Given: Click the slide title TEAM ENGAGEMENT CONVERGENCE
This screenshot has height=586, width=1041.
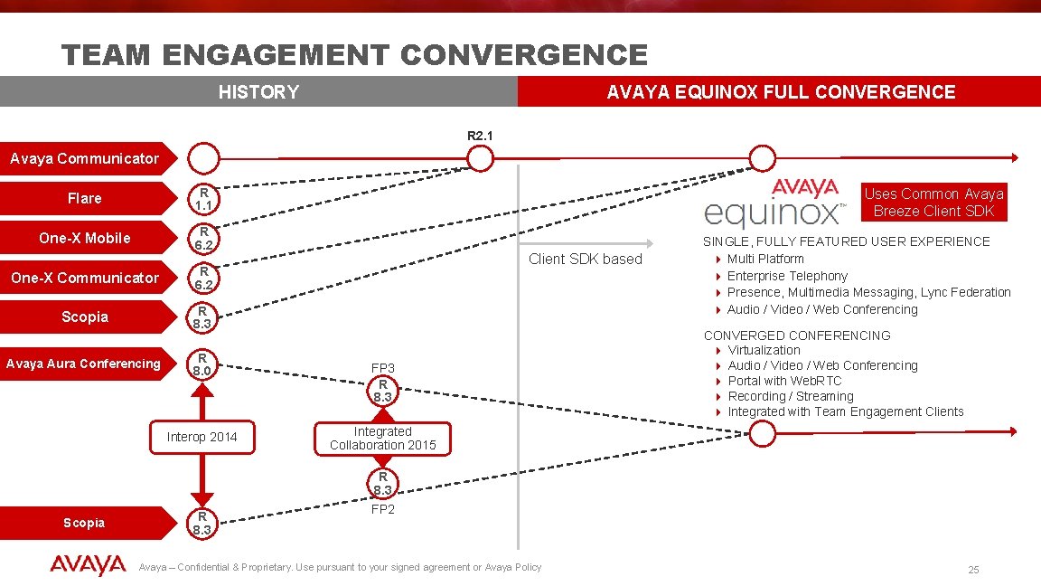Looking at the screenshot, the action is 354,56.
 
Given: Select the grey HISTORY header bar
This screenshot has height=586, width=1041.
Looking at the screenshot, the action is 258,92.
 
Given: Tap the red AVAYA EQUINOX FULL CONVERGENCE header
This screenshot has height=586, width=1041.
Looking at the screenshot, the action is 780,92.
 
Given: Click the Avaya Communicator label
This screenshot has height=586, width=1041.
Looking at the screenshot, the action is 84,159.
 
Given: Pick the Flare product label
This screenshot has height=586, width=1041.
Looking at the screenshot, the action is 84,198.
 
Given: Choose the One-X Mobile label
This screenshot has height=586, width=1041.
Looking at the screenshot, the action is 84,238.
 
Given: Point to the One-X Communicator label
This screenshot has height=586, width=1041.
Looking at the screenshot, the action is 84,278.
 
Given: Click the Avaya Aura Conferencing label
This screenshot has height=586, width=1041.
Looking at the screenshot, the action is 83,364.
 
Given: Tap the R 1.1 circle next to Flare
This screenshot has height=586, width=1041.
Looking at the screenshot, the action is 204,198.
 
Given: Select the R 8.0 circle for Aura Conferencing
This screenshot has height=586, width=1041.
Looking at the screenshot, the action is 204,364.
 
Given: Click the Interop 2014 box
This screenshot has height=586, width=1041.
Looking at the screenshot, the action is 202,437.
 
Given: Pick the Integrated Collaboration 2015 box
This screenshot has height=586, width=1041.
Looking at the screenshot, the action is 382,439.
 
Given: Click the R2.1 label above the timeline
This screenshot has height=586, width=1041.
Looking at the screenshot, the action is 480,136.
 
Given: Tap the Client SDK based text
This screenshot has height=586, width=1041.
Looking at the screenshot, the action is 585,260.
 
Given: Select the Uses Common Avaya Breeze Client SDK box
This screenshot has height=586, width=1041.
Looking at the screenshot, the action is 933,203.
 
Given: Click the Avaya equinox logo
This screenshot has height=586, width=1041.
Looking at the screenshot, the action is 775,203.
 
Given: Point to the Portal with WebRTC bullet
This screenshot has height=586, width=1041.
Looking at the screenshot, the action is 784,381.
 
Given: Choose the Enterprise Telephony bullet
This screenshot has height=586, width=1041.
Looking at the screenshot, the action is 787,276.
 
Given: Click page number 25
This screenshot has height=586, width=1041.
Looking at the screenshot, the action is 973,570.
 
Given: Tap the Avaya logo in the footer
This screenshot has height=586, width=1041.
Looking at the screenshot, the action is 88,566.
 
